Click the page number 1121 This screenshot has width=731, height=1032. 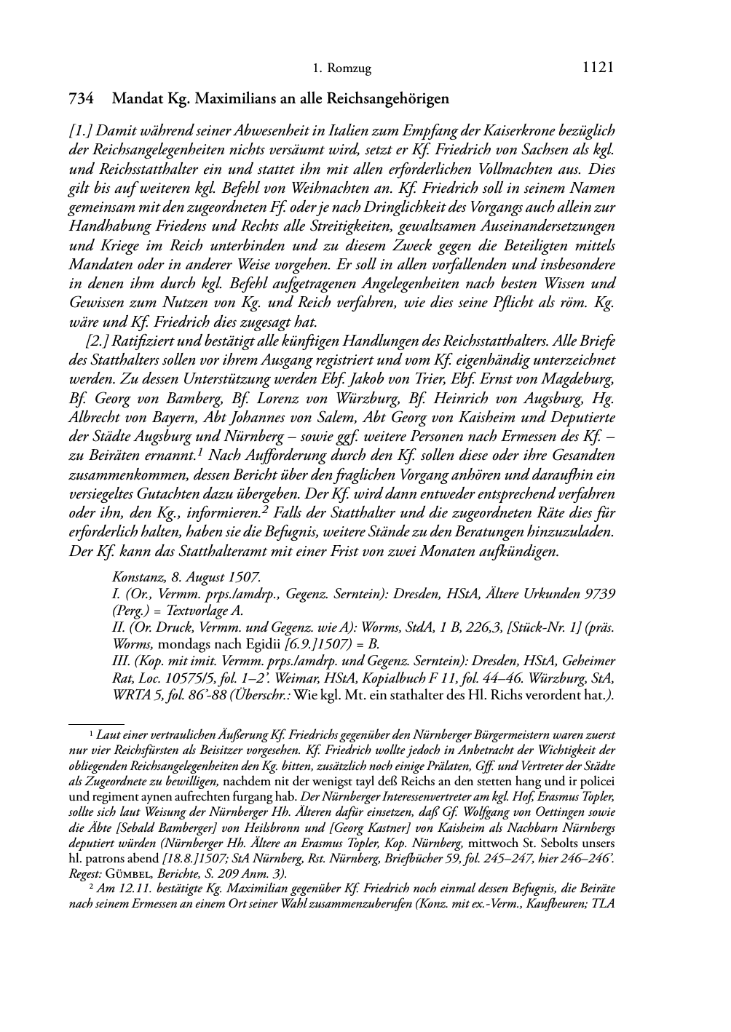pyautogui.click(x=598, y=68)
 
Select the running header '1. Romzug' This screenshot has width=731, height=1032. pyautogui.click(x=341, y=69)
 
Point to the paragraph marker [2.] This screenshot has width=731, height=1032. pyautogui.click(x=98, y=341)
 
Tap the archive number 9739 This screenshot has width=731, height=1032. pyautogui.click(x=600, y=593)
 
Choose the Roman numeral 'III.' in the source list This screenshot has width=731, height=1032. pyautogui.click(x=121, y=662)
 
